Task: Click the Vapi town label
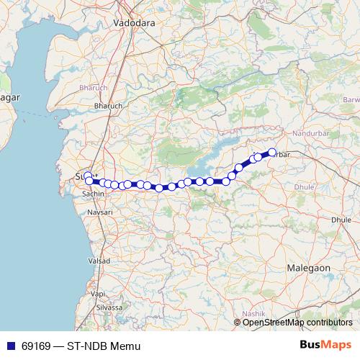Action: pos(99,294)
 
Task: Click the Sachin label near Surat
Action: pos(94,194)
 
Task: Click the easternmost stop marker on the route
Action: pos(272,152)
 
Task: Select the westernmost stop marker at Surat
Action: pos(87,176)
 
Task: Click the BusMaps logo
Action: pos(325,346)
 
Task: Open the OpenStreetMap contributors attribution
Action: pos(297,323)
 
